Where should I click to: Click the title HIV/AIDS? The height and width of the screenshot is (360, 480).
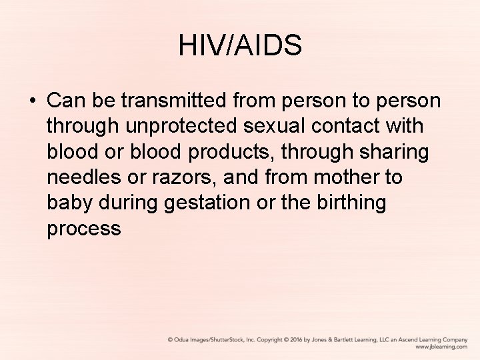pos(240,46)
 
